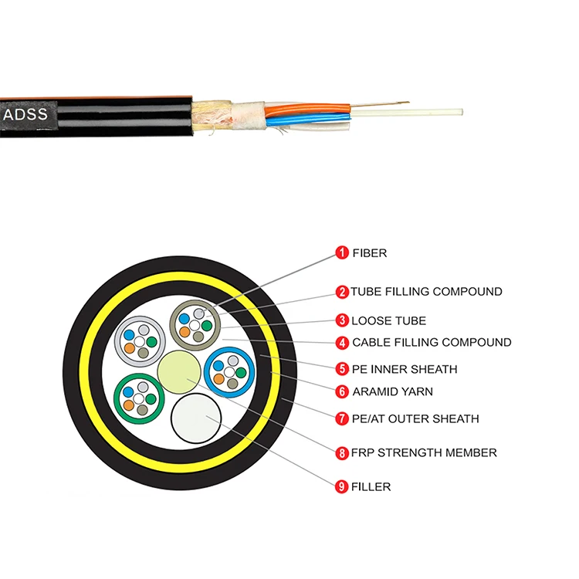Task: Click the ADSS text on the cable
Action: coord(26,115)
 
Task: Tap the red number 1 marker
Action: coord(341,252)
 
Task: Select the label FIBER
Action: coord(370,252)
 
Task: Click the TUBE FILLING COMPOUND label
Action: coord(426,292)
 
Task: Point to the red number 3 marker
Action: coord(341,320)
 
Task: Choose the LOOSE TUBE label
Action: coord(389,320)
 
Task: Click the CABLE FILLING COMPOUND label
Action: coord(432,342)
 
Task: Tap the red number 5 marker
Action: coord(341,369)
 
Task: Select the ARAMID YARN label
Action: coord(392,391)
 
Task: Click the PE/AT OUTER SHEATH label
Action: coord(415,418)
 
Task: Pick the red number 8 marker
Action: coord(341,452)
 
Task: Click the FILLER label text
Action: coord(371,486)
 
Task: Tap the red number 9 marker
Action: coord(341,486)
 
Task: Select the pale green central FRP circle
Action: coord(179,371)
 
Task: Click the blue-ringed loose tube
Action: coord(230,371)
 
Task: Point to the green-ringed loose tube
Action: coord(139,398)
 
